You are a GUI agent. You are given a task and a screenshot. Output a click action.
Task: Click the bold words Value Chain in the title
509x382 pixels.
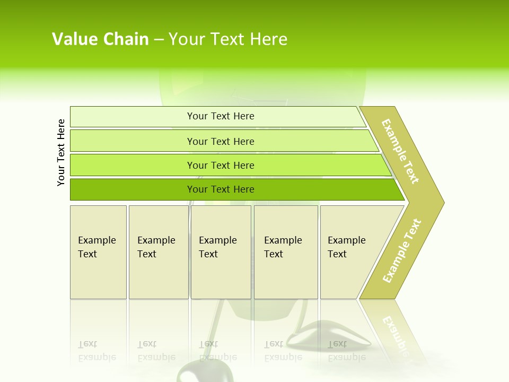pyautogui.click(x=100, y=39)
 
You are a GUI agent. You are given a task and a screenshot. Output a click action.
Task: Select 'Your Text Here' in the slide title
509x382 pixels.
pyautogui.click(x=228, y=39)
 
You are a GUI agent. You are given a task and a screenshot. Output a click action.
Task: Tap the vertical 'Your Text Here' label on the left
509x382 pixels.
pyautogui.click(x=62, y=152)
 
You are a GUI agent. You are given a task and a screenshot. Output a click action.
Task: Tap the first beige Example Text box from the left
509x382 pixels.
pyautogui.click(x=98, y=252)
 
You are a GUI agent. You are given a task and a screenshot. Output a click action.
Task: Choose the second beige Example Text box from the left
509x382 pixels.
pyautogui.click(x=158, y=252)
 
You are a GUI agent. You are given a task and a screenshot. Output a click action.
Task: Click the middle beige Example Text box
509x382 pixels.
pyautogui.click(x=221, y=252)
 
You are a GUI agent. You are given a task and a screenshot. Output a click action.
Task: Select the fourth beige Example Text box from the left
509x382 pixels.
pyautogui.click(x=286, y=252)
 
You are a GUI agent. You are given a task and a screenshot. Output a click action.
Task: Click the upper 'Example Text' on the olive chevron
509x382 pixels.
pyautogui.click(x=400, y=151)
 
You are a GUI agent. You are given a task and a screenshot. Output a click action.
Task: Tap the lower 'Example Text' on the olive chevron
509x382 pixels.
pyautogui.click(x=402, y=251)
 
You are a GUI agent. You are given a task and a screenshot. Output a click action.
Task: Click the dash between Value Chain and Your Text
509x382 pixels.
pyautogui.click(x=159, y=39)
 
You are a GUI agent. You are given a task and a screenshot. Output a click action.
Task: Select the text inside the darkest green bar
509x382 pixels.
pyautogui.click(x=221, y=189)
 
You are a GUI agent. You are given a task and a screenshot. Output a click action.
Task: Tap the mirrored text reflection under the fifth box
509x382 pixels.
pyautogui.click(x=346, y=351)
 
